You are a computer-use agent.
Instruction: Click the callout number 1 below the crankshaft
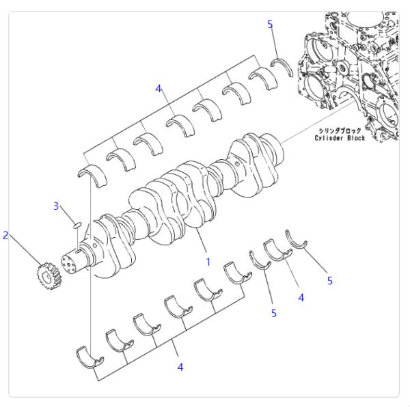[208, 261]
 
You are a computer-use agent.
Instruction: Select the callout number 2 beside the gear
[6, 236]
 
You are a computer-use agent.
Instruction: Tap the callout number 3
[58, 206]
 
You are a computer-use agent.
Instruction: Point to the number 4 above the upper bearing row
[159, 89]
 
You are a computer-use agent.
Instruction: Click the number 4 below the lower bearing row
[180, 367]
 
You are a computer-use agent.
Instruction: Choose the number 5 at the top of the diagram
[270, 25]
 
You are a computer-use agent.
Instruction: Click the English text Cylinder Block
[340, 138]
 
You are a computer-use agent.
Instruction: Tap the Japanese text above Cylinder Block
[340, 130]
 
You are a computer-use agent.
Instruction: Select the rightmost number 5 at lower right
[330, 281]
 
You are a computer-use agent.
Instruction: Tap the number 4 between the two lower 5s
[301, 297]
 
